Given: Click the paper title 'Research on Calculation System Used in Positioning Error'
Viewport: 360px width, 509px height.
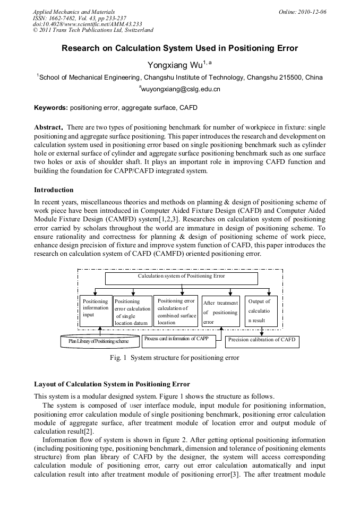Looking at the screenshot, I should tap(179, 48).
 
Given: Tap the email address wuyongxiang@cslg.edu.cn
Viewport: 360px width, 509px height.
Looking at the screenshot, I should tap(180, 89).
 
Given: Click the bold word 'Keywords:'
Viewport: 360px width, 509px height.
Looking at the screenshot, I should tap(51, 108).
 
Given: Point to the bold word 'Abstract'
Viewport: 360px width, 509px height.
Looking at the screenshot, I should tap(48, 128).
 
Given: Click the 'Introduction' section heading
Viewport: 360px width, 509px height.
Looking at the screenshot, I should tap(54, 189).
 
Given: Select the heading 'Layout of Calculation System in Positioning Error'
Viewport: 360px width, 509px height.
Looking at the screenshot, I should tap(112, 384).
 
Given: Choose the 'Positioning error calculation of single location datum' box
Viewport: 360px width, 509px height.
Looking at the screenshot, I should tap(133, 312).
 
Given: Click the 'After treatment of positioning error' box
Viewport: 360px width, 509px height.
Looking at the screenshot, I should tap(221, 312).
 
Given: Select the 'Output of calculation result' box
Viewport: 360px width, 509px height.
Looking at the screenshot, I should tap(261, 311).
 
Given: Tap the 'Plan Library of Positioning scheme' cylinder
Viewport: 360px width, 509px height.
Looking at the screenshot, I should tap(99, 341).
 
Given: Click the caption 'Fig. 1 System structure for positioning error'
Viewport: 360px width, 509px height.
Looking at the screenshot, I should tap(174, 358).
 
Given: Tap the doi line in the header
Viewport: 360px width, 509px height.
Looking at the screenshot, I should tap(87, 24).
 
